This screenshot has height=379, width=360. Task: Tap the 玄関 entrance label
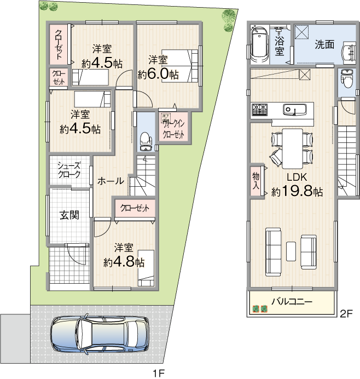pyautogui.click(x=69, y=215)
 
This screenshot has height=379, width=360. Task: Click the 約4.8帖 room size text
pyautogui.click(x=124, y=262)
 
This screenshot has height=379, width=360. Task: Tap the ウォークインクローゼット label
pyautogui.click(x=173, y=128)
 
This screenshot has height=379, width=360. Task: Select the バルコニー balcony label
pyautogui.click(x=292, y=302)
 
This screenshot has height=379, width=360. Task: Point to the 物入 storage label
pyautogui.click(x=256, y=181)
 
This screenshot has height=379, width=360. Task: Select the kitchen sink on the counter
pyautogui.click(x=296, y=110)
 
